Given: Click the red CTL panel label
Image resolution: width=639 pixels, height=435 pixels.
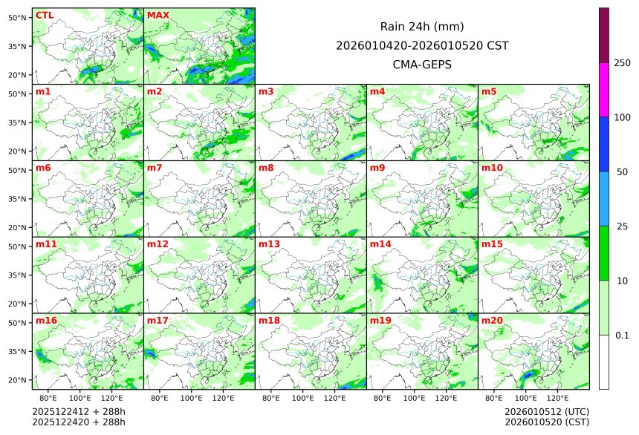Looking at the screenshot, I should pos(45,15).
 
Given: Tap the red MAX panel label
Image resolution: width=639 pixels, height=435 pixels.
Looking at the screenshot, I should pos(158,15).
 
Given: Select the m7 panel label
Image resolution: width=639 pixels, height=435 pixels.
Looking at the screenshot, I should pos(155,168).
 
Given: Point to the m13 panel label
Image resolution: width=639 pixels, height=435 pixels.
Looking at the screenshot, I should pos(269,243).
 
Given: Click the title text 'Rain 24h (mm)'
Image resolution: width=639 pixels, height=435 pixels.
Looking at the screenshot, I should pos(422,26).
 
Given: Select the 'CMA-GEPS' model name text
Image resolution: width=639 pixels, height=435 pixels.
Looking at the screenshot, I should pos(422,65).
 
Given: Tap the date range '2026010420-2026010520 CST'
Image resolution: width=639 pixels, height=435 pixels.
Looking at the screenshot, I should pos(422,45).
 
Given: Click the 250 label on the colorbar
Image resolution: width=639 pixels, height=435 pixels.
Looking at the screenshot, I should pos(622,62).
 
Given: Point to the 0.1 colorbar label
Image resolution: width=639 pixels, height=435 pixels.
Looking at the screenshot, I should pos(622,335).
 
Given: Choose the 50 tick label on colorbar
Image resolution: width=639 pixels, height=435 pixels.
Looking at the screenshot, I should pos(622,171).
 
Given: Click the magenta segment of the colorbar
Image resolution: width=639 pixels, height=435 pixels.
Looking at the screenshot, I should pos(604,89).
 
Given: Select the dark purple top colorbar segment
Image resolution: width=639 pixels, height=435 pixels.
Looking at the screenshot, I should pos(604,35).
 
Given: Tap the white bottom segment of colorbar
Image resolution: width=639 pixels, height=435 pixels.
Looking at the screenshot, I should pos(604,362).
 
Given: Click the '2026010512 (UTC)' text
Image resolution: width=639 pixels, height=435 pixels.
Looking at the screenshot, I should pos(546,411).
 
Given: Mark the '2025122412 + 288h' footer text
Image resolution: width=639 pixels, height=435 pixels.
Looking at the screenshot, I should pos(79,411).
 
